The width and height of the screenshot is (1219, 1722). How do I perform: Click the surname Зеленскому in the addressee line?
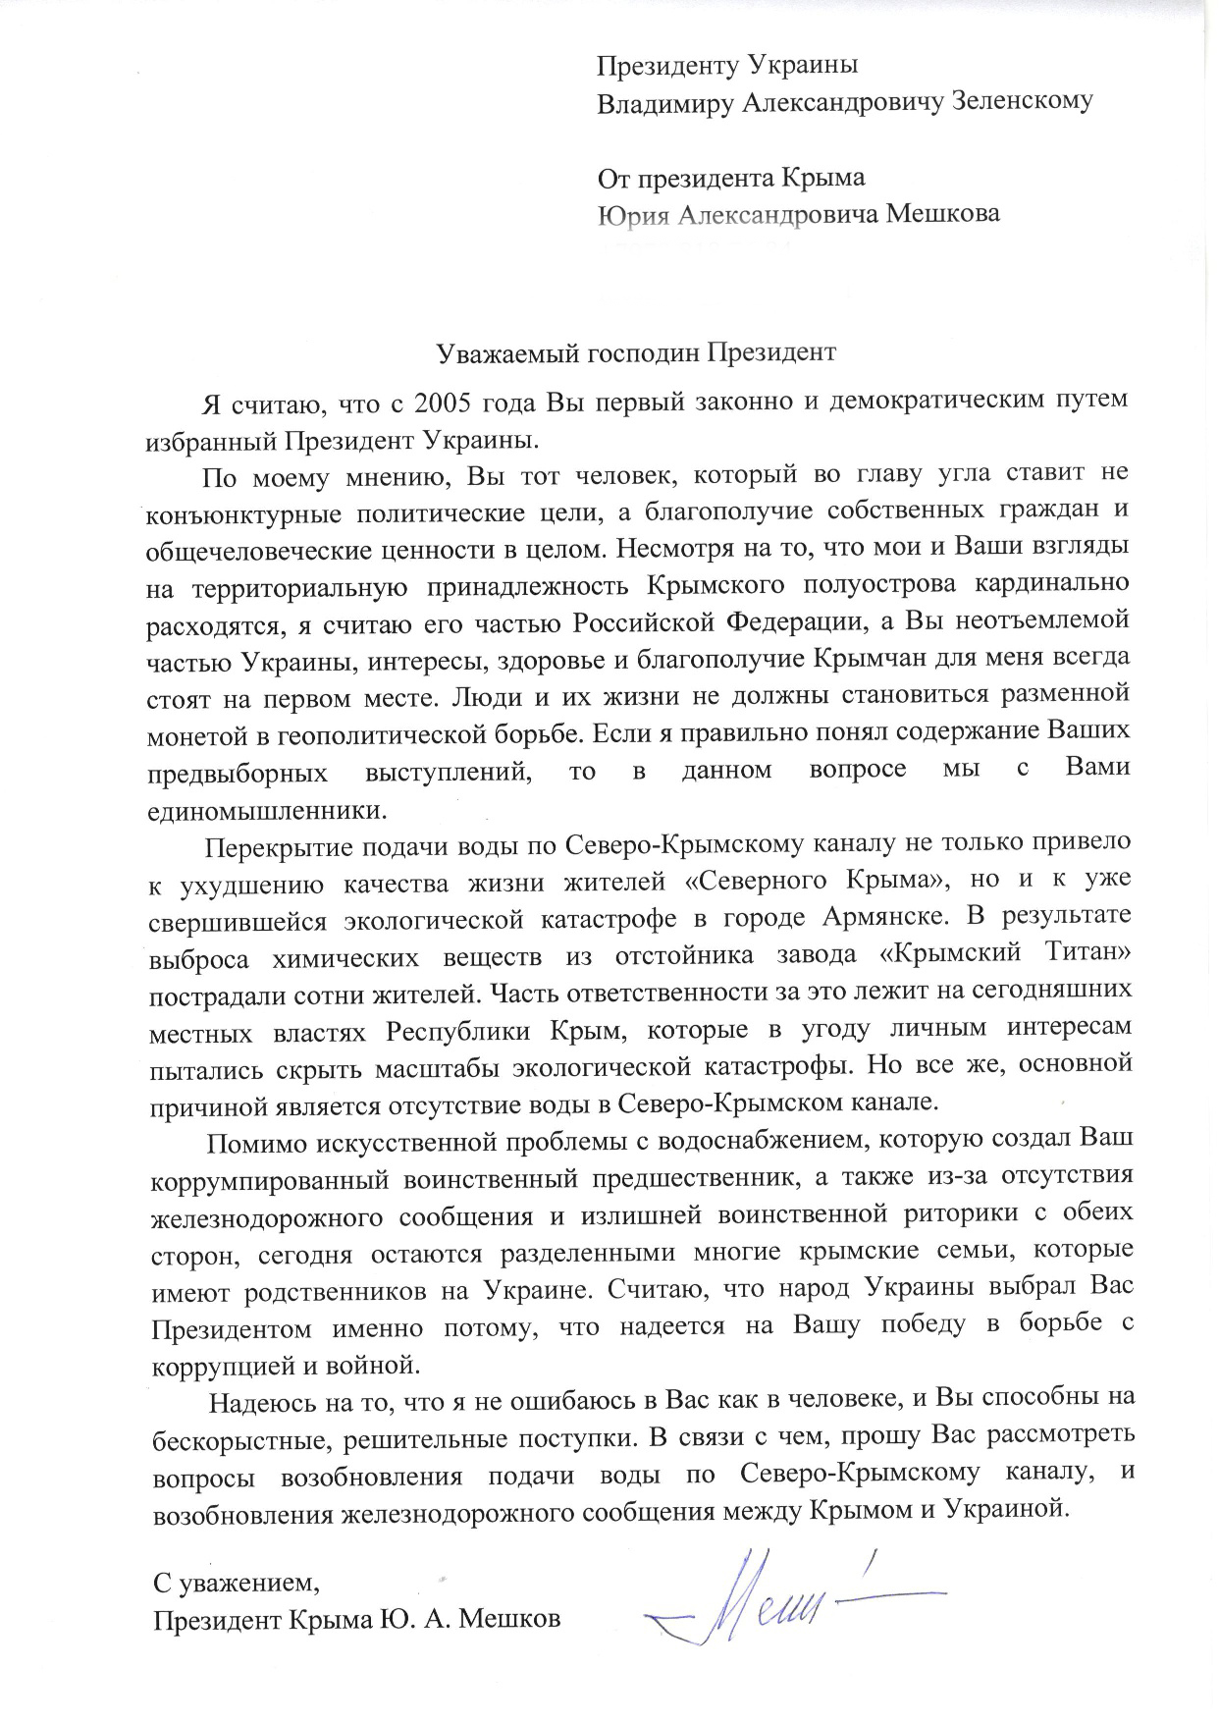[1022, 103]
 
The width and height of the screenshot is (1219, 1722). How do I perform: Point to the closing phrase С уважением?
[236, 1583]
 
